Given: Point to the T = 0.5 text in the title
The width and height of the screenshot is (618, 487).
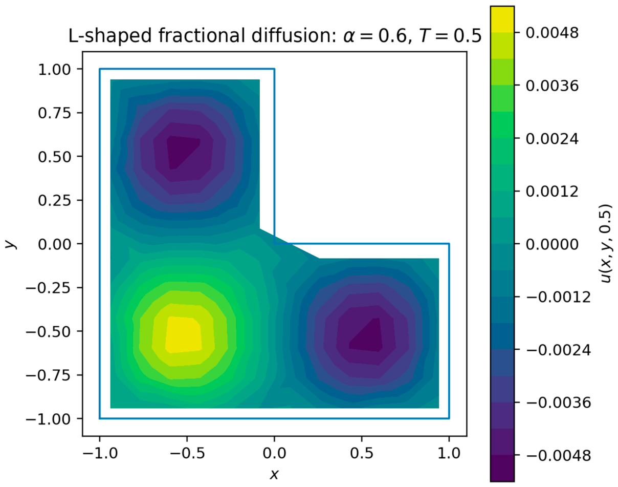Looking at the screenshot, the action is pos(450,36).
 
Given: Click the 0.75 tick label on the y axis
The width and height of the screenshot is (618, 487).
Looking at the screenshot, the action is pos(54,113).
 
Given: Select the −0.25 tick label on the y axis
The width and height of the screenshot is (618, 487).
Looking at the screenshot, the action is pos(48,287).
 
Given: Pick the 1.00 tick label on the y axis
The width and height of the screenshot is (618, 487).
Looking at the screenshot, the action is pos(54,69).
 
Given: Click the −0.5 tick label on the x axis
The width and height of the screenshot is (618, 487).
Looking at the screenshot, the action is pos(187,453).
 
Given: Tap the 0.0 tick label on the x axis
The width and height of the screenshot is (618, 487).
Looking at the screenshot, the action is pos(275,453).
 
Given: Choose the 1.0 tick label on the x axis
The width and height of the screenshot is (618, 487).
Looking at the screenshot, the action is pos(449,453).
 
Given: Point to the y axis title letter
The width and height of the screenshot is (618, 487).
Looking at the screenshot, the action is pos(11,244).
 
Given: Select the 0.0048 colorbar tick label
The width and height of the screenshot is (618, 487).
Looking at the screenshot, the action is pos(552,32).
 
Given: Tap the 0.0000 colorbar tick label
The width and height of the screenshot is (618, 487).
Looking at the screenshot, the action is pos(552,244).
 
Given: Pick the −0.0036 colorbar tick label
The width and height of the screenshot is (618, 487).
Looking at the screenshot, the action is pos(558,403).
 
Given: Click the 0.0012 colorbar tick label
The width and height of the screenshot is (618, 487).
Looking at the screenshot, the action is pos(552,191).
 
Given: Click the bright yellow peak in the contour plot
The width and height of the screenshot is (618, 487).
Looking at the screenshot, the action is pos(184,334).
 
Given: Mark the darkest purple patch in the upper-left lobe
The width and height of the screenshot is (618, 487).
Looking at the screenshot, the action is pos(181,152).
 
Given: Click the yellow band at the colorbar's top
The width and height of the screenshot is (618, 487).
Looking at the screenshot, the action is pos(502,19).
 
